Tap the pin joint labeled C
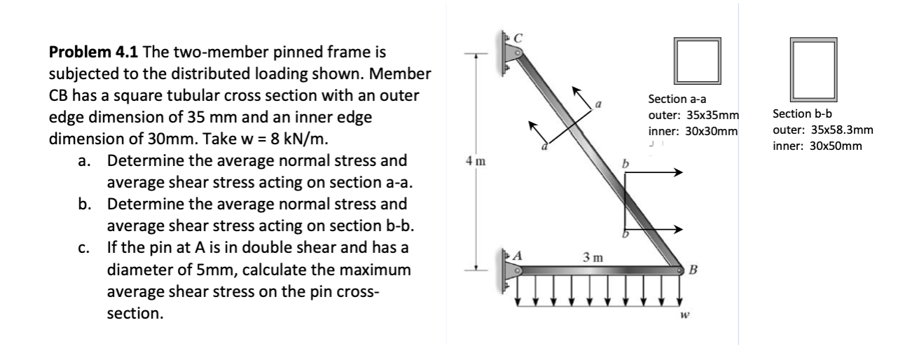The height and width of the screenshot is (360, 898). click(515, 50)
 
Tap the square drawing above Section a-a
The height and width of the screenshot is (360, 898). click(697, 61)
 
